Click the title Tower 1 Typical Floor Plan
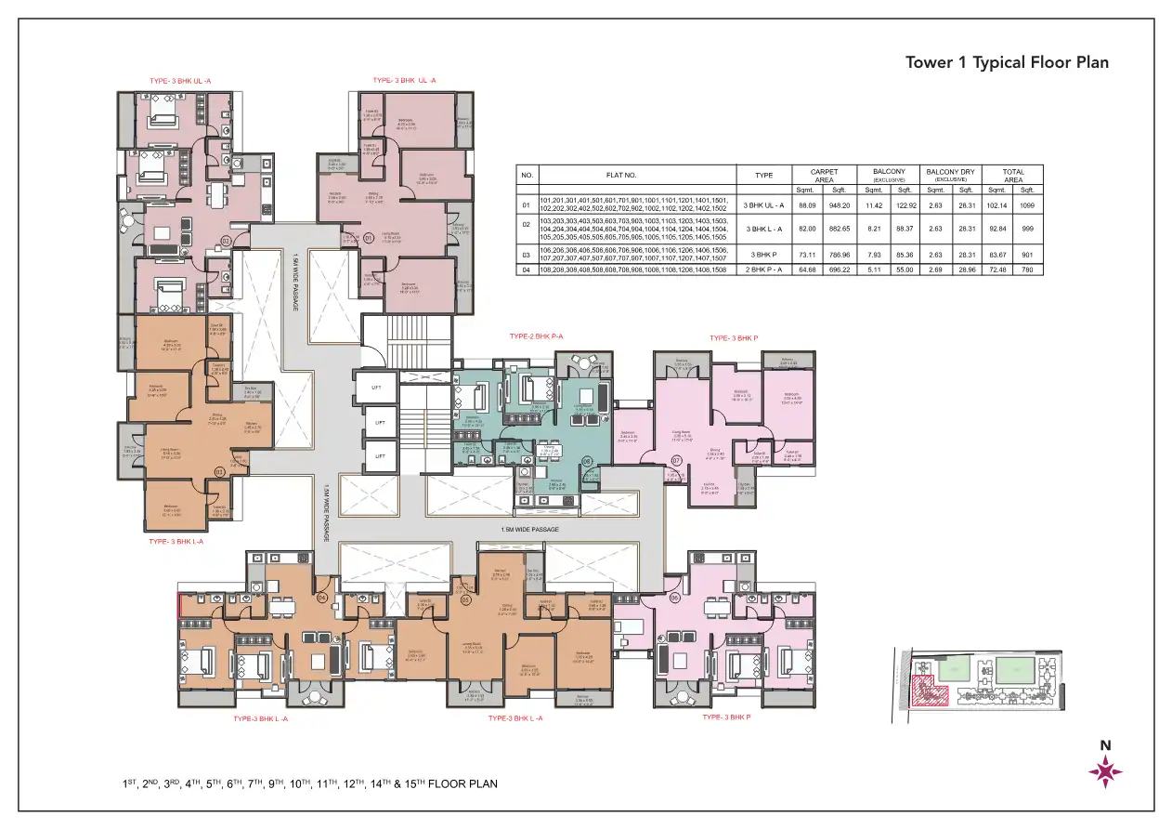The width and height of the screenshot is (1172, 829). (1007, 63)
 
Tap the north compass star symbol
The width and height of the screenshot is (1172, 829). (1105, 770)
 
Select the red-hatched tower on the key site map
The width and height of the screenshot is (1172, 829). (930, 692)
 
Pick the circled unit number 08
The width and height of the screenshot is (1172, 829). (587, 460)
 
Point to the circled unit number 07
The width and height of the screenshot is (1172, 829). (677, 460)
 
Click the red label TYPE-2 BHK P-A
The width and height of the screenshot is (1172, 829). (538, 336)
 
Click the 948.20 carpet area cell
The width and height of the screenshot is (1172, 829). (840, 204)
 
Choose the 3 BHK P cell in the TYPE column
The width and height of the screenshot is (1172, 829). (765, 254)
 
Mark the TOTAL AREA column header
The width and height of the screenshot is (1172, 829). (1013, 175)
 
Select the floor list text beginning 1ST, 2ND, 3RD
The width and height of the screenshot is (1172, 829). (310, 784)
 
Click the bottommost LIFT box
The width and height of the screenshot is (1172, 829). (379, 455)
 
